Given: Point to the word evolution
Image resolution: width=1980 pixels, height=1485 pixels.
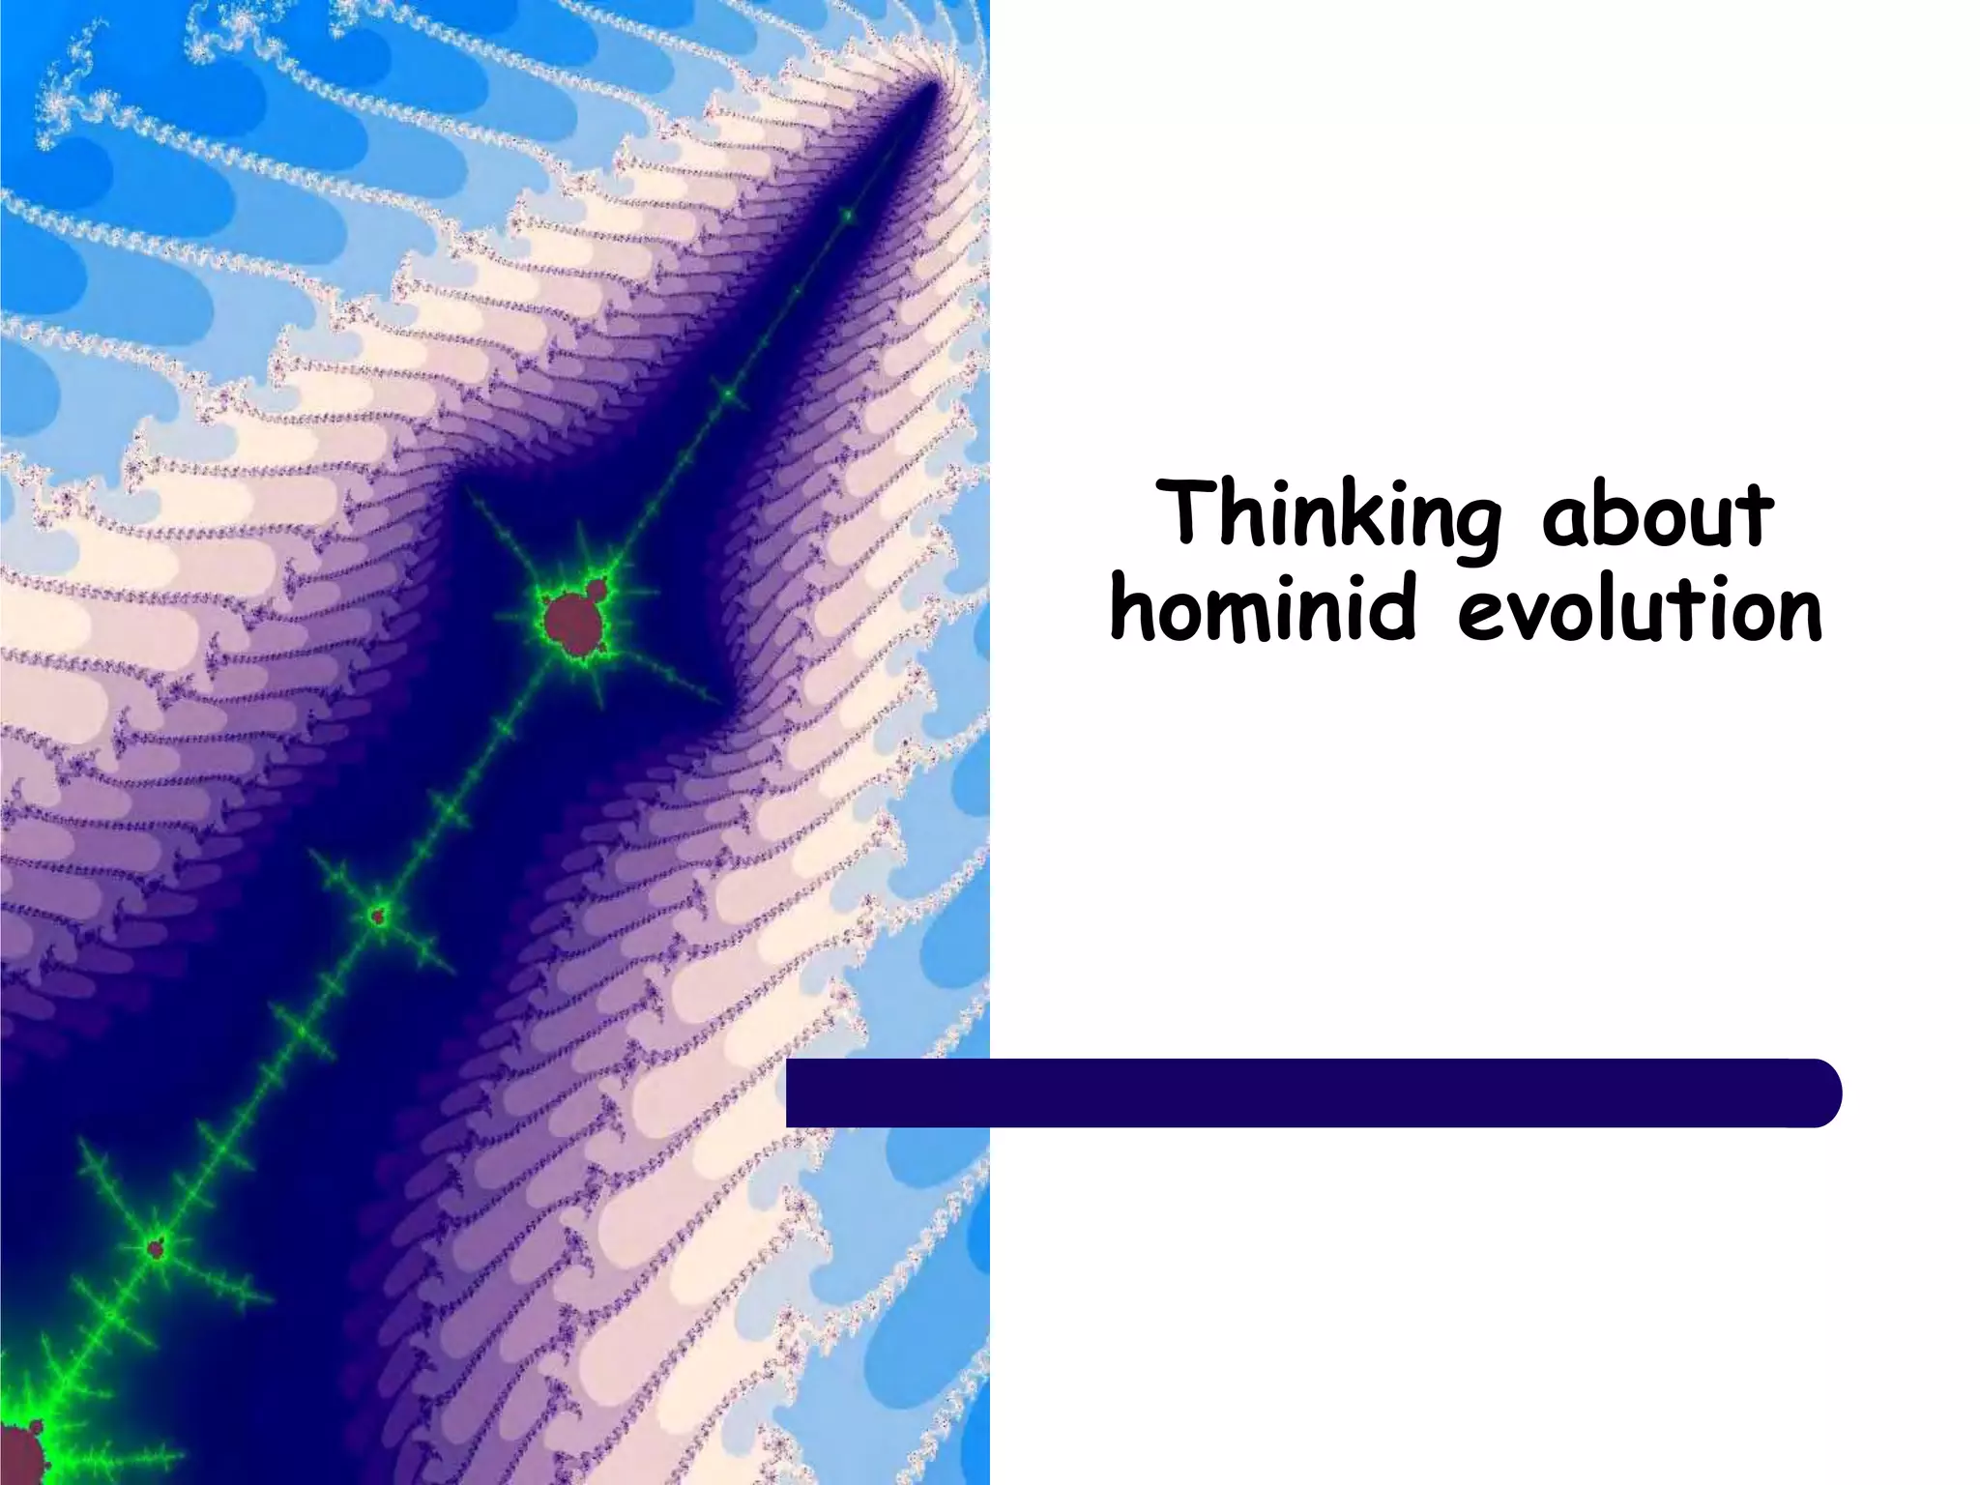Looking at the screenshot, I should [1641, 611].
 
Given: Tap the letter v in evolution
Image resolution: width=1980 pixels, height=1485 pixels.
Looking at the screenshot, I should [1543, 619].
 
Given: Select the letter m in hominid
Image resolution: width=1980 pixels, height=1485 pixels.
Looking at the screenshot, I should [1263, 619].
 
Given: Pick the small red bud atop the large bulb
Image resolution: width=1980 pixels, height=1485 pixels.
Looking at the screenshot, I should [597, 588].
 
